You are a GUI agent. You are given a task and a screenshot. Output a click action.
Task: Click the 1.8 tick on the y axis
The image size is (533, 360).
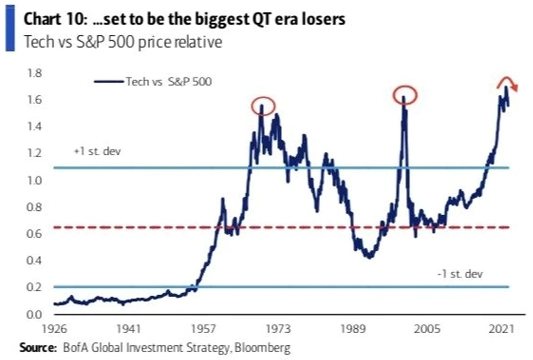[x=34, y=73]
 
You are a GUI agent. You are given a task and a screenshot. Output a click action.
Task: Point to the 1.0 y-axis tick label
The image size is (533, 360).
[x=34, y=180]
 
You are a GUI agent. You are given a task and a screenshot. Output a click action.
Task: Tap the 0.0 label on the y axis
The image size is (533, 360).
[x=34, y=314]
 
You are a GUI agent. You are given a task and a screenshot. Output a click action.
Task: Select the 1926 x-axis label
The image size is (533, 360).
[x=54, y=329]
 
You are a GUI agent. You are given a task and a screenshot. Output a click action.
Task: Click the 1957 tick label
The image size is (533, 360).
[x=203, y=329]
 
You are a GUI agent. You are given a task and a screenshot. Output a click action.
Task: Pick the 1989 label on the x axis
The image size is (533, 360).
[x=353, y=329]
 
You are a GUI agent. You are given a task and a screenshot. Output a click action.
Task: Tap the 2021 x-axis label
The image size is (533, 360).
[x=501, y=329]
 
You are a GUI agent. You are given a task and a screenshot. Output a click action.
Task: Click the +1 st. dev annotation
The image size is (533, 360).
[x=97, y=151]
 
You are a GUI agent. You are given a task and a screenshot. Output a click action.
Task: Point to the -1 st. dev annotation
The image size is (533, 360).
[x=460, y=274]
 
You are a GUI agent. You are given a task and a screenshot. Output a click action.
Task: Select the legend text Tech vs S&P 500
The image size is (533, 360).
[x=169, y=82]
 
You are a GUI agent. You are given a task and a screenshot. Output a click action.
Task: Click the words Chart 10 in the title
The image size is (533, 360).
[x=53, y=19]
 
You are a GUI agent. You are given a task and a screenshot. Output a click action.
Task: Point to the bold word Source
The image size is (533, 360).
[x=38, y=348]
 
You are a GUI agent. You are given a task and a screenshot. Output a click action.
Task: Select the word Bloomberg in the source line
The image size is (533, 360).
[x=262, y=348]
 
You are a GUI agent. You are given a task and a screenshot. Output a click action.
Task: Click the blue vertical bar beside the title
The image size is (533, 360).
[x=10, y=28]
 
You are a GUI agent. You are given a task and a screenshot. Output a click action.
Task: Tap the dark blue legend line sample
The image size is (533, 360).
[x=109, y=82]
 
